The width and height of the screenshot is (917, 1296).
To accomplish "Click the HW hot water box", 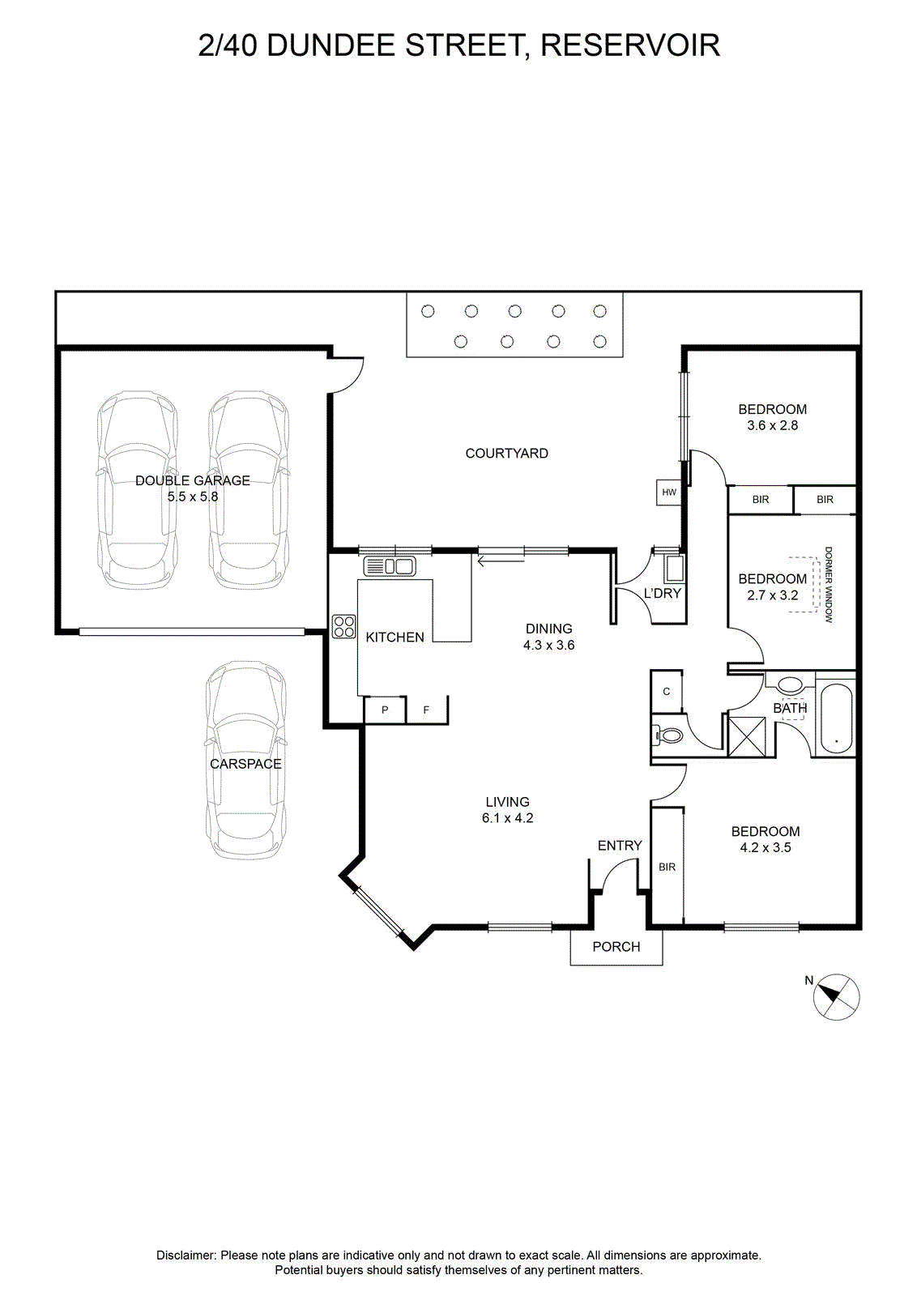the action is click(668, 492).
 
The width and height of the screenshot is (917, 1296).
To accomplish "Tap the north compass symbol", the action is click(835, 996).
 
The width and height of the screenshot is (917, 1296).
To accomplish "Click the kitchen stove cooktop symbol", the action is click(343, 626).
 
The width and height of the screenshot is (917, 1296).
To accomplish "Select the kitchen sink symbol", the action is click(390, 566).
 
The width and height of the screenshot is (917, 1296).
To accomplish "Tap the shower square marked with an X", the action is click(746, 736).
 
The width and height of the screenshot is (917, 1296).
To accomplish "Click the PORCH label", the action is click(616, 947).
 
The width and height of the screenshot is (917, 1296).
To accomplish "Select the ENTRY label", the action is click(620, 846).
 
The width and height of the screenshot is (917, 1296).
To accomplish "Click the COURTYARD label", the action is click(507, 453).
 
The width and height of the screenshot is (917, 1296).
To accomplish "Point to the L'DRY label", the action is click(663, 593).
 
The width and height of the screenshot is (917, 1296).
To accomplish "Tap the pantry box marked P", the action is click(385, 710).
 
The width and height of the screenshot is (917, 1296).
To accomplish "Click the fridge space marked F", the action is click(426, 710).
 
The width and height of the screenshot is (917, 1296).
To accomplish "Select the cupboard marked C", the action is click(667, 692).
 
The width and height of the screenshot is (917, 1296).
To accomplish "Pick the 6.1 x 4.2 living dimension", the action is click(507, 818).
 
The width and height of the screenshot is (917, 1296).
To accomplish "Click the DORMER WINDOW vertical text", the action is click(828, 584).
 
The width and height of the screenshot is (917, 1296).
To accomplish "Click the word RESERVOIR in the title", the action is click(630, 45).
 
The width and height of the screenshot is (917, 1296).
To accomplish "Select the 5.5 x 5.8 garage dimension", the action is click(193, 497).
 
